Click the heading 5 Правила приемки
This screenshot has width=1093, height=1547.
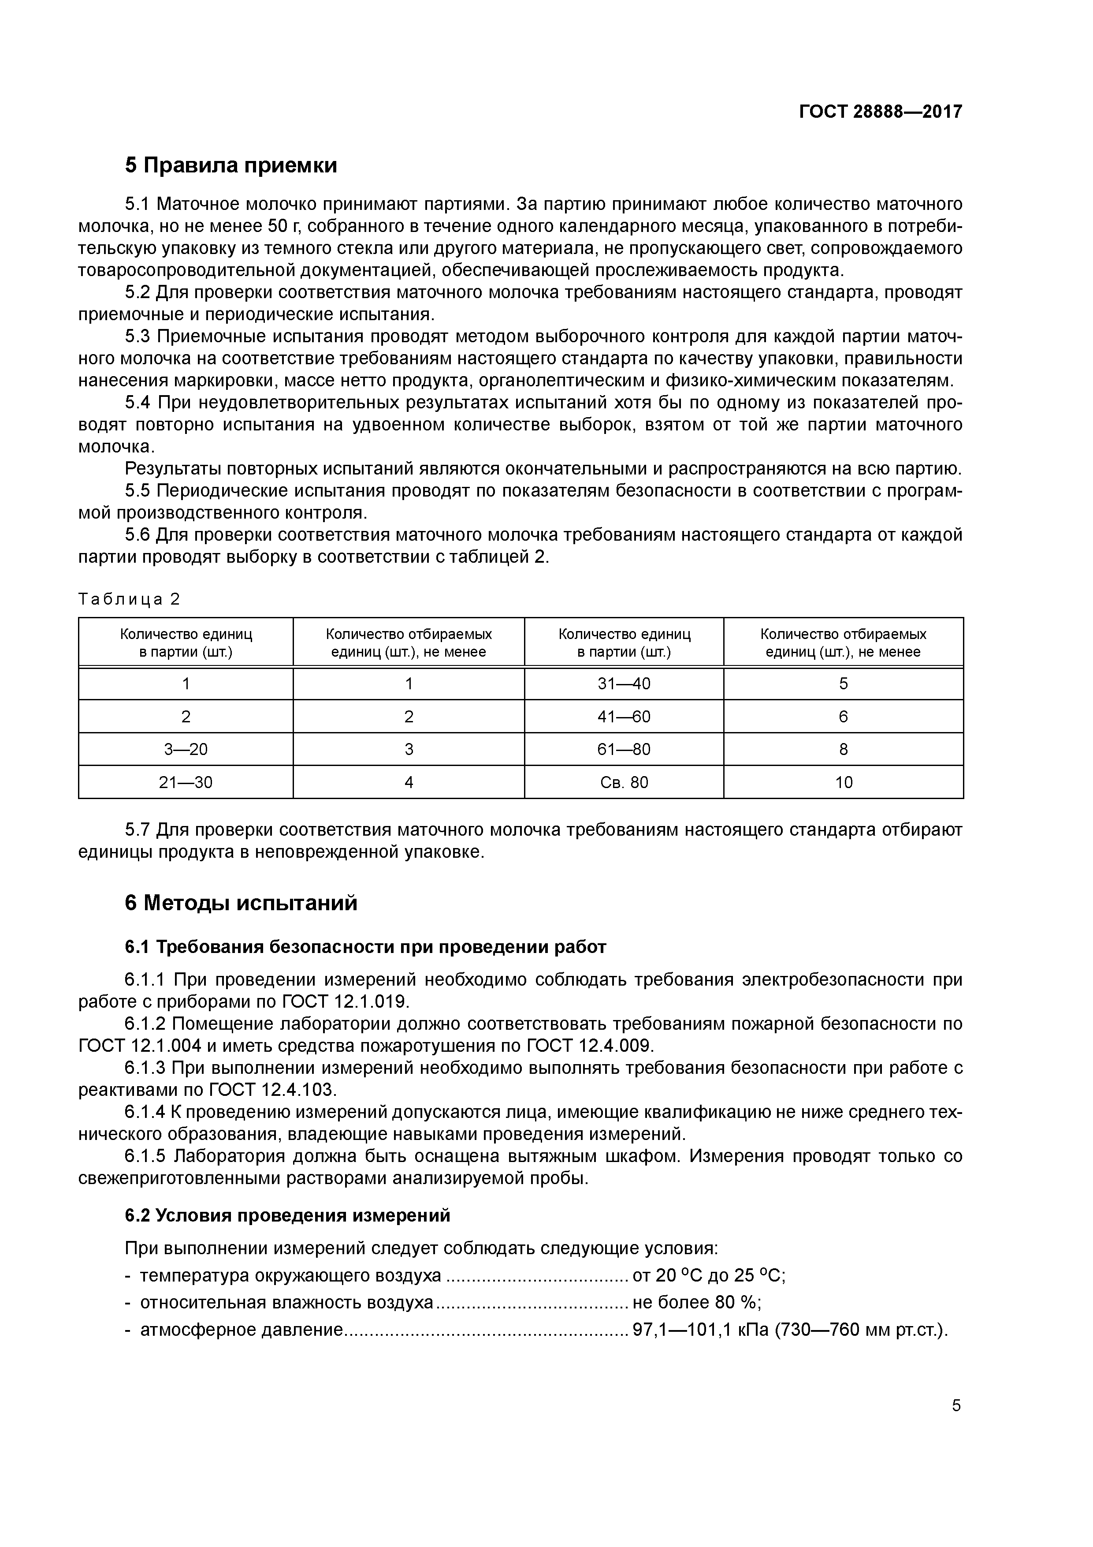click(x=230, y=165)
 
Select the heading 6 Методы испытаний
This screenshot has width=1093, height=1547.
click(x=241, y=903)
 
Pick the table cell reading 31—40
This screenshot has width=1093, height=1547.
click(x=624, y=684)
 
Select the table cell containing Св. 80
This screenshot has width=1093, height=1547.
click(x=624, y=782)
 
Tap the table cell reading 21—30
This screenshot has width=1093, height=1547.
click(x=186, y=782)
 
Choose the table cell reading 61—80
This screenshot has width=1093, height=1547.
click(x=624, y=749)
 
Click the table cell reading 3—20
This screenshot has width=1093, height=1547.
click(x=186, y=749)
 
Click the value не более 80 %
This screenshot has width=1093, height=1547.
click(x=695, y=1302)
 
